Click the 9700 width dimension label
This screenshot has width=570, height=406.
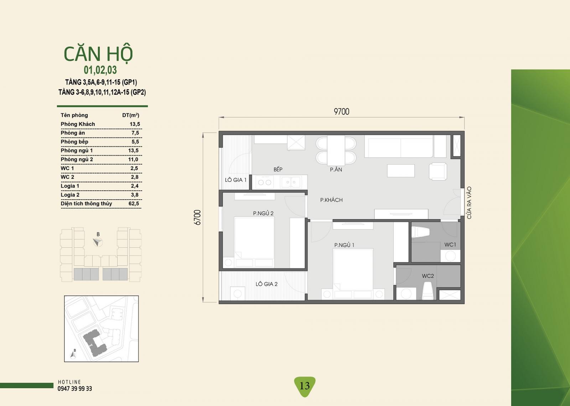click(x=342, y=112)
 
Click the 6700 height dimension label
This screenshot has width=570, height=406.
click(x=197, y=217)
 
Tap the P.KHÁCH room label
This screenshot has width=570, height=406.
click(x=331, y=200)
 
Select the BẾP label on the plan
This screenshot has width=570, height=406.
click(x=278, y=169)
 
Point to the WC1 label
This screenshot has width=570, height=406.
click(x=450, y=245)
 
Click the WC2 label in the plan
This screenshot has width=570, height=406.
click(x=428, y=276)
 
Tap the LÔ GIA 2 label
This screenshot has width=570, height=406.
click(x=266, y=284)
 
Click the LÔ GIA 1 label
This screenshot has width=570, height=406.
click(x=235, y=180)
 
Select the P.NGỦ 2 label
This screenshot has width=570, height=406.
click(x=263, y=213)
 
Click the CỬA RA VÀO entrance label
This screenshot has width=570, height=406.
click(x=469, y=203)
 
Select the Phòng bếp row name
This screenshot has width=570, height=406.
click(x=74, y=142)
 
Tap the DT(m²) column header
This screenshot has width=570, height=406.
click(x=130, y=115)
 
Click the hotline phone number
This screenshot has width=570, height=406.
click(x=74, y=389)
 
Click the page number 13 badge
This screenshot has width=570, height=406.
click(x=305, y=386)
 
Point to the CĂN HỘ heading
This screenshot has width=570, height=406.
click(x=98, y=54)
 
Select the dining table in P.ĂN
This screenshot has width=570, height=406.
click(x=336, y=150)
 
